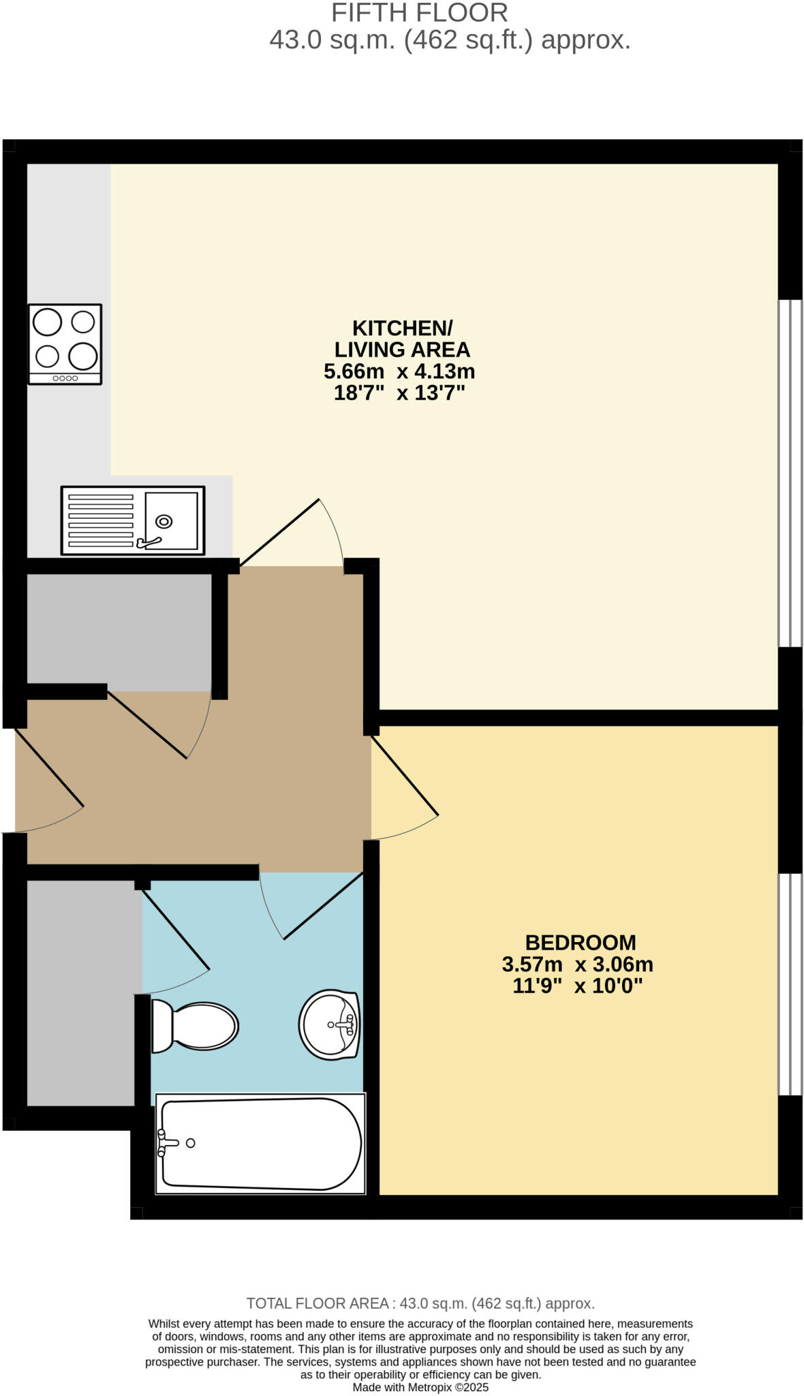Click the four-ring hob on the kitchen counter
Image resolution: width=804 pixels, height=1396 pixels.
tap(65, 344)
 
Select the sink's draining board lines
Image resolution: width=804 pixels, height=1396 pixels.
tap(101, 521)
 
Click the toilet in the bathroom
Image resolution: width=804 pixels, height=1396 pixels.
tap(194, 1026)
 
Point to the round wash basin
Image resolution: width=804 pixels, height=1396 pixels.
tap(329, 1025)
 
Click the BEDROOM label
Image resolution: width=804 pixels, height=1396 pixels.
tap(580, 943)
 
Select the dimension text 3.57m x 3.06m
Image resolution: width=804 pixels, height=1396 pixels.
tap(577, 965)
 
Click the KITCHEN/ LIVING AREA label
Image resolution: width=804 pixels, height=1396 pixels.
tap(402, 339)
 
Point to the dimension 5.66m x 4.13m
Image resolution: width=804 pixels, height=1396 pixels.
tap(399, 371)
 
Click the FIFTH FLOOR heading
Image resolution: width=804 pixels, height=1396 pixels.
tap(419, 13)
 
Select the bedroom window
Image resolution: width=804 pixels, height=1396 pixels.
tap(790, 984)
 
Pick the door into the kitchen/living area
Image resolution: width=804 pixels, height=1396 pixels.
tap(279, 532)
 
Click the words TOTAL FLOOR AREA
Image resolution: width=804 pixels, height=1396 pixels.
tap(317, 1303)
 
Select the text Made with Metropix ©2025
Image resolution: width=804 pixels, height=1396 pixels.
tap(420, 1387)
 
